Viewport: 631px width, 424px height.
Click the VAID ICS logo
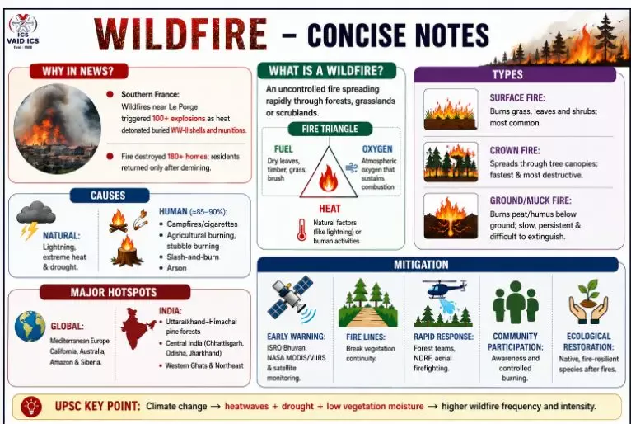tap(23, 31)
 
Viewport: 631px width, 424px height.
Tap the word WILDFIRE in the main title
tap(180, 35)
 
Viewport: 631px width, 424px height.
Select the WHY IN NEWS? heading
tap(78, 71)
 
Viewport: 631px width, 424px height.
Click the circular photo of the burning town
tap(57, 129)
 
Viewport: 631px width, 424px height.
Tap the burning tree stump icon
tap(127, 251)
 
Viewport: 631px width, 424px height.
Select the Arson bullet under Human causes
tap(176, 268)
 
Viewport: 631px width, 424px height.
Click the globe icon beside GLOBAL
tap(30, 326)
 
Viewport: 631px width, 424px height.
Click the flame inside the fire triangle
tap(329, 178)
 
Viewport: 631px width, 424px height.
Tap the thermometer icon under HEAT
tap(301, 230)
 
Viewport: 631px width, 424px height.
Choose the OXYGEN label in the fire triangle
tap(377, 149)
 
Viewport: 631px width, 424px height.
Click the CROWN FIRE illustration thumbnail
tap(451, 162)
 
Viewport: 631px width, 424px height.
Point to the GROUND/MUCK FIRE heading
tap(531, 200)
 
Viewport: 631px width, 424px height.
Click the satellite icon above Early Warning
tap(291, 299)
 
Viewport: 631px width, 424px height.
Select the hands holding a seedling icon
tap(588, 302)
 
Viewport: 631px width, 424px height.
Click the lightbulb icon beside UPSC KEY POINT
tap(31, 407)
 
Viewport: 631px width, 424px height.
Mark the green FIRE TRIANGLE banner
tap(330, 129)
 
